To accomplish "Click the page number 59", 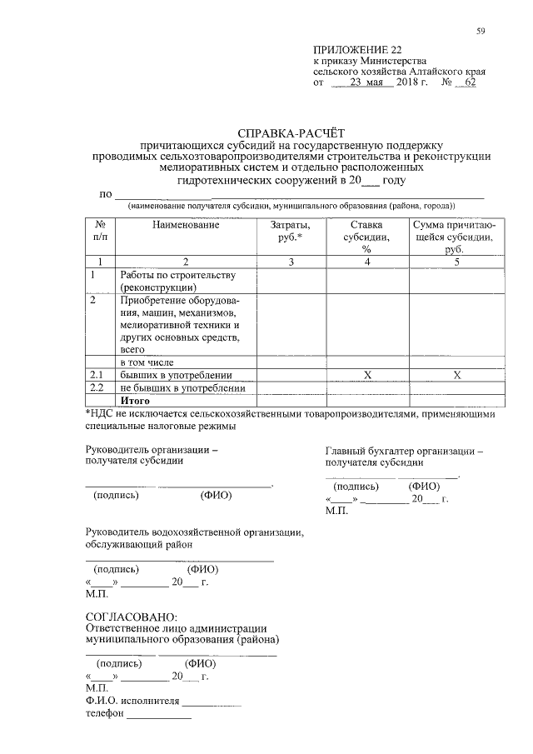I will pos(481,32).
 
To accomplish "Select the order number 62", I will pos(470,83).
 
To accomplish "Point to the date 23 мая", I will pos(366,83).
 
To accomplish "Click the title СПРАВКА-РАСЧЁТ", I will pos(291,132).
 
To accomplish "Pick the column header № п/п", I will pos(100,231).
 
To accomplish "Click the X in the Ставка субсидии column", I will pos(366,376).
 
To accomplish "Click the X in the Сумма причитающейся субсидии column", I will pos(456,376).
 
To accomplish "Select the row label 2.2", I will pos(97,388).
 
